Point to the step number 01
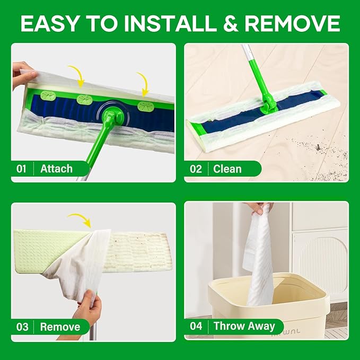point(21,169)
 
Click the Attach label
point(56,169)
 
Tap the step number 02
point(196,169)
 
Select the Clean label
point(227,169)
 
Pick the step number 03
point(21,327)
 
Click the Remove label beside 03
point(60,327)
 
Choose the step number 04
point(196,326)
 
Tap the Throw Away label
point(244,326)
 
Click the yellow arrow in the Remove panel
point(80,217)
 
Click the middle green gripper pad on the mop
point(85,99)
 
